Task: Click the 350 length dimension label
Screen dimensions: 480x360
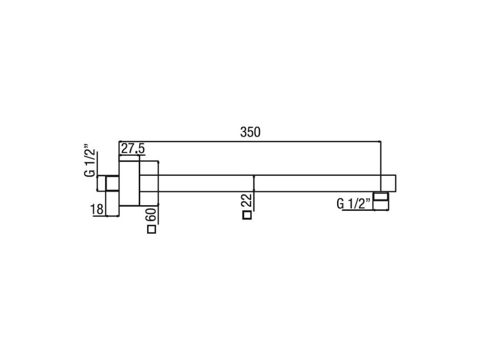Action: (x=250, y=132)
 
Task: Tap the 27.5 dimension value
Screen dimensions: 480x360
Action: (x=133, y=149)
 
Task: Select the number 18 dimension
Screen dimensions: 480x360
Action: (x=97, y=210)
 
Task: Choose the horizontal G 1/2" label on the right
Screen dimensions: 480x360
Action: (x=354, y=203)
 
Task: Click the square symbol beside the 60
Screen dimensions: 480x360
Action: (x=151, y=230)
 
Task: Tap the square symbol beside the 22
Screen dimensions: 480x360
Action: (x=247, y=215)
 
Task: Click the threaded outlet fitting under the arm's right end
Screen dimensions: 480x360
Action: (x=381, y=201)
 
